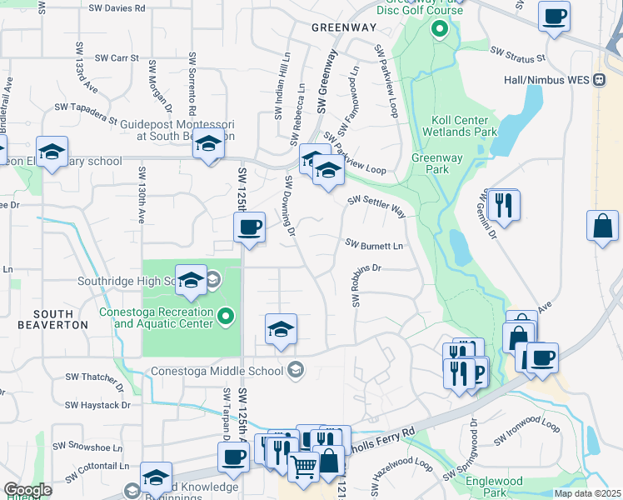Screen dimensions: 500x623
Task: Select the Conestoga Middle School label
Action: [x=219, y=371]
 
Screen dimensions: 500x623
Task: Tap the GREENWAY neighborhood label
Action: [x=344, y=27]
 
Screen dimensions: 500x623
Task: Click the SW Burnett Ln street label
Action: [x=374, y=246]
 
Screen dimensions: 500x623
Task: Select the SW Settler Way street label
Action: [x=376, y=206]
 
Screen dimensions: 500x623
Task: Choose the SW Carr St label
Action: [x=116, y=58]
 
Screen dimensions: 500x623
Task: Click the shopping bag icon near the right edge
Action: [x=602, y=226]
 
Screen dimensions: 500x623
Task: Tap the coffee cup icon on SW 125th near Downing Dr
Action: [x=249, y=227]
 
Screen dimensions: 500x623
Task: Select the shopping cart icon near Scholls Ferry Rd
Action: [x=303, y=467]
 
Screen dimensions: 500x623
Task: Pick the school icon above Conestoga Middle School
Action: [x=282, y=330]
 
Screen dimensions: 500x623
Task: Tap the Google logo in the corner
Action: [x=27, y=490]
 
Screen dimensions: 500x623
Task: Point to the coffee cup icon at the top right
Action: [x=554, y=15]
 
